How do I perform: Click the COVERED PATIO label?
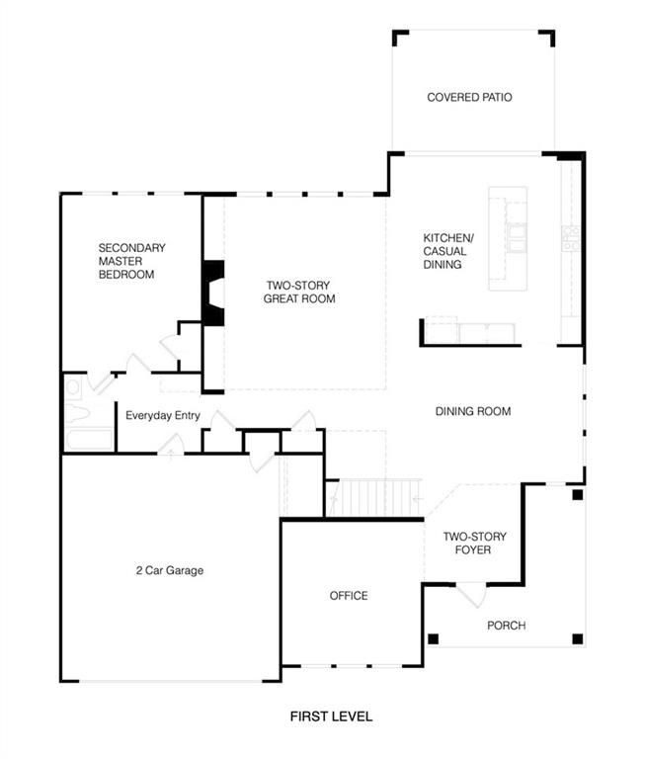click(x=469, y=97)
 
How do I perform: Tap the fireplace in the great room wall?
click(x=213, y=293)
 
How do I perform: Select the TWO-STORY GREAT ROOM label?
click(x=299, y=292)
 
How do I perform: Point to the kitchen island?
click(x=507, y=238)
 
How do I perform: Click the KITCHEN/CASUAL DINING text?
click(x=448, y=251)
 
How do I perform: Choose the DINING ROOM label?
click(x=473, y=411)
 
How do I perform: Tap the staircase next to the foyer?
click(x=374, y=498)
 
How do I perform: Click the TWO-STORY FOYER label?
click(x=474, y=544)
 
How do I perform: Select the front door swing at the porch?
click(x=471, y=595)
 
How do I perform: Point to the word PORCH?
click(x=506, y=626)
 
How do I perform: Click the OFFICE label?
click(x=349, y=596)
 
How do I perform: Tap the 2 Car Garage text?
click(x=169, y=570)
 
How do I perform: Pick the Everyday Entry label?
click(x=163, y=415)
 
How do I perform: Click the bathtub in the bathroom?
click(x=89, y=439)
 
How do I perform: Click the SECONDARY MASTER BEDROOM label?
click(x=131, y=261)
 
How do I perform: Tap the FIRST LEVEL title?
click(x=331, y=717)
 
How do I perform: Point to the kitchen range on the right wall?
click(x=571, y=238)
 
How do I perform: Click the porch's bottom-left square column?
click(x=433, y=639)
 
